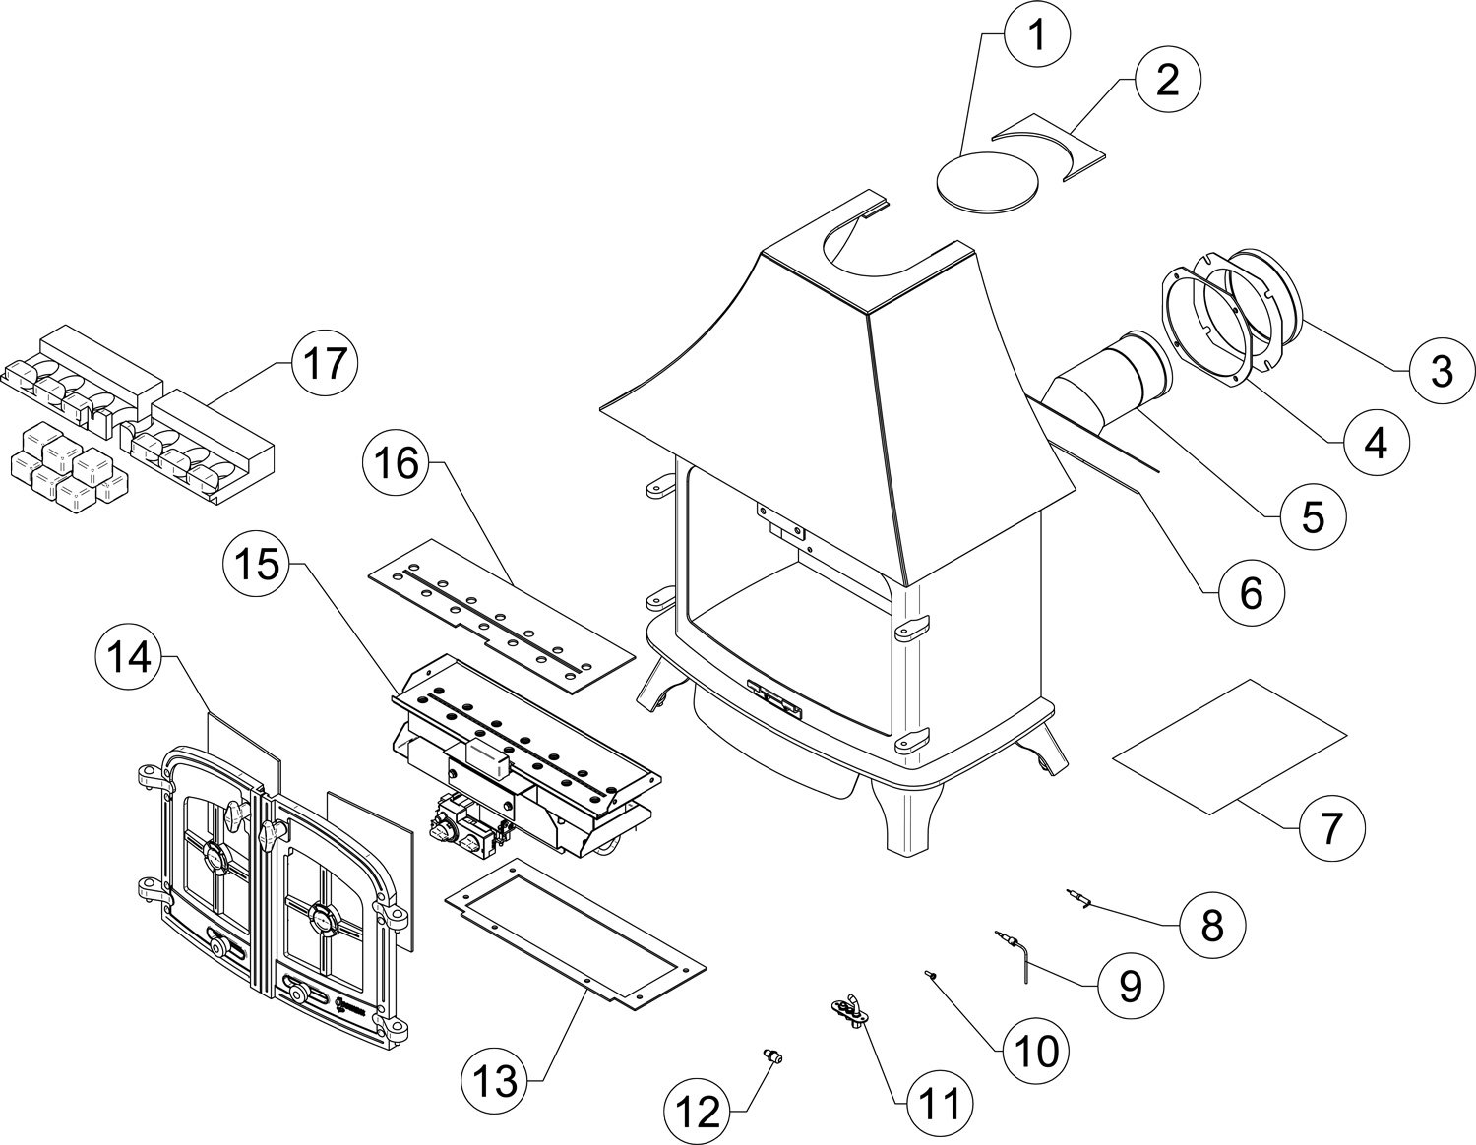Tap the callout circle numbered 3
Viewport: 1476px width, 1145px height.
1442,372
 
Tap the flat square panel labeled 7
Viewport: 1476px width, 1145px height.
1228,746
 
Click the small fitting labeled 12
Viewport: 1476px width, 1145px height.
772,1057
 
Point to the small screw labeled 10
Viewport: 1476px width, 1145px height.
929,975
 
